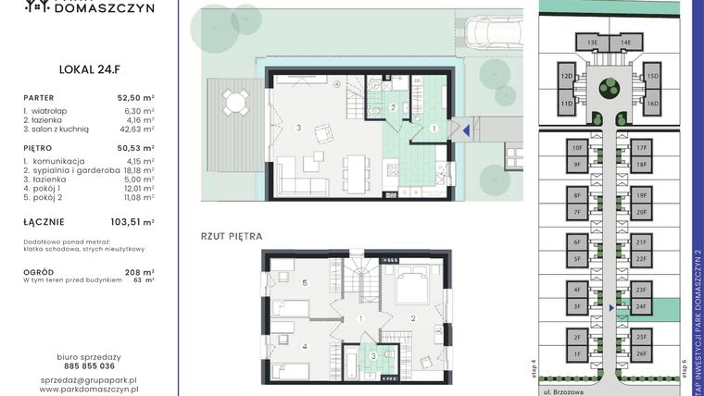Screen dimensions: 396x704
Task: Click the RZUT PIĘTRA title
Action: click(x=232, y=237)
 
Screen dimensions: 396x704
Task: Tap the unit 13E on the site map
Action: click(x=591, y=43)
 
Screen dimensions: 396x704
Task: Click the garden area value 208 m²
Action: click(x=142, y=272)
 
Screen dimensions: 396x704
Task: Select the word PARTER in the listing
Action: click(x=41, y=96)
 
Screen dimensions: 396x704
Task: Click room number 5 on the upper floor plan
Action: click(x=304, y=281)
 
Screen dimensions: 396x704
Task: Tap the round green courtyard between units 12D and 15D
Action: click(x=609, y=89)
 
